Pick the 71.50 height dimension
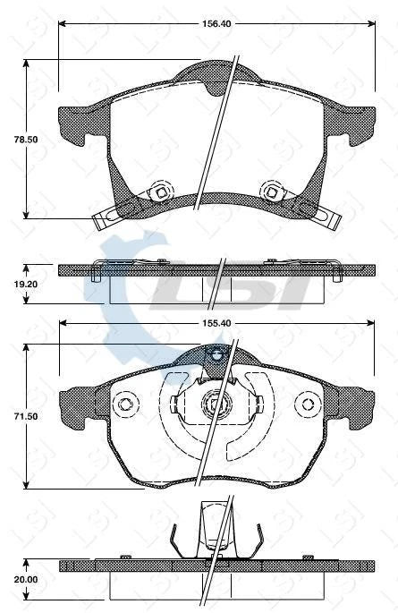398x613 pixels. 13,418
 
